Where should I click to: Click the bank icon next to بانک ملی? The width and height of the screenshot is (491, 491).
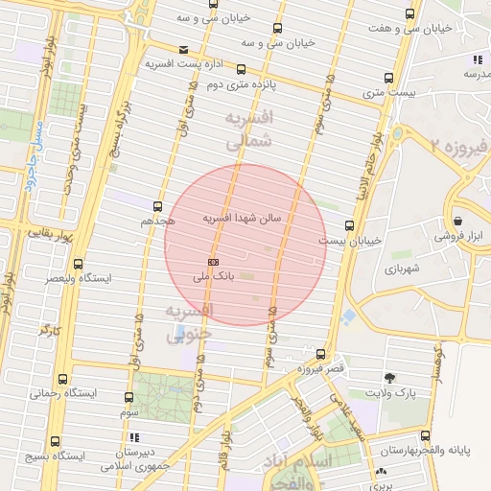[x=213, y=262]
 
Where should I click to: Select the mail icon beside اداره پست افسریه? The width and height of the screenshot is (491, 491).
[x=184, y=50]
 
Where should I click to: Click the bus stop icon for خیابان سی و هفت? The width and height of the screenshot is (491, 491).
[x=410, y=14]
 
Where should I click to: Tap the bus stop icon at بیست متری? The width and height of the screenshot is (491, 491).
[x=388, y=78]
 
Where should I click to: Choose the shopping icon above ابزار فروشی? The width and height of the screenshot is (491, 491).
[x=459, y=220]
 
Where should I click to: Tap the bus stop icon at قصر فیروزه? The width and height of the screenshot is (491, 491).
[x=320, y=354]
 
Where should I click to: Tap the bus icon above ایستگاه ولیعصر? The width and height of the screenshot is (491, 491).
[x=78, y=264]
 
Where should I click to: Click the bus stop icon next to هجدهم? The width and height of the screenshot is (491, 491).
[x=170, y=221]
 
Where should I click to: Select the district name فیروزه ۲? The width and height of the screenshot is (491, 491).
[x=459, y=147]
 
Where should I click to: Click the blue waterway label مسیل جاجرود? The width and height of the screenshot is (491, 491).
[x=34, y=158]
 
